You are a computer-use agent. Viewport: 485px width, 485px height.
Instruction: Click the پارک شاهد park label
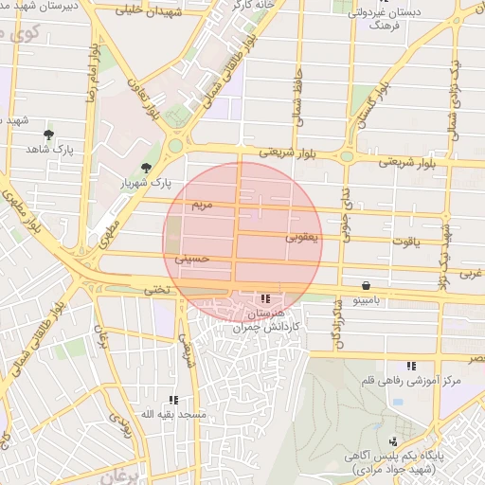pyautogui.click(x=49, y=150)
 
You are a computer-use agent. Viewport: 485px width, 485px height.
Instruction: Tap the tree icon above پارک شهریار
pyautogui.click(x=145, y=168)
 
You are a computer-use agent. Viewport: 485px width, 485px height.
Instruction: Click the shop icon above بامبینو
pyautogui.click(x=366, y=285)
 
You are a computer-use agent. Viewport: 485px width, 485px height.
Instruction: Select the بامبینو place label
pyautogui.click(x=366, y=299)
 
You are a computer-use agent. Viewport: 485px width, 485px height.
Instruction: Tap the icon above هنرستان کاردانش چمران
pyautogui.click(x=265, y=298)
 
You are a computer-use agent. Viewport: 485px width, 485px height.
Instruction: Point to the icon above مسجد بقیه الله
pyautogui.click(x=172, y=401)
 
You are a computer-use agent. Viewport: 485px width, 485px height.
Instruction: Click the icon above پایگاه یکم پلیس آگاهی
pyautogui.click(x=392, y=440)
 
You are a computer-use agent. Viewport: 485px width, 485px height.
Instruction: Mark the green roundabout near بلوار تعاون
pyautogui.click(x=175, y=146)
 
